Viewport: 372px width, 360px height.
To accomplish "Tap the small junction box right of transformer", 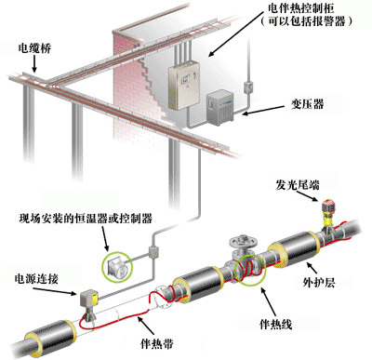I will point(247,89).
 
